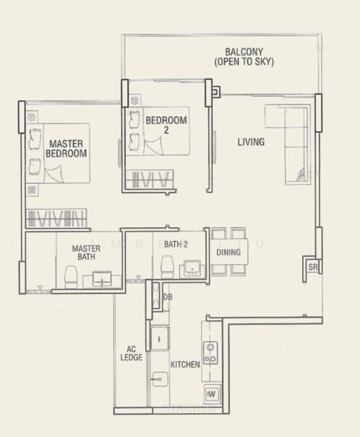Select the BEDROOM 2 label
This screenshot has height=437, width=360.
tap(166, 126)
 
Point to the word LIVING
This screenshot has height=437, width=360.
tap(251, 142)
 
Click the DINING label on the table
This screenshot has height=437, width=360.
tap(229, 253)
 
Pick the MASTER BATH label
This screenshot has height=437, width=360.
tap(85, 253)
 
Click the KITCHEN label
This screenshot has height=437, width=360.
tap(185, 364)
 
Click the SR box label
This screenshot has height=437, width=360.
tap(312, 268)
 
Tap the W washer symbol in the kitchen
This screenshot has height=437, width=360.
tap(211, 394)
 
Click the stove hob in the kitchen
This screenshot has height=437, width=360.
tap(211, 352)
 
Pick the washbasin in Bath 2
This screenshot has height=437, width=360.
tap(192, 269)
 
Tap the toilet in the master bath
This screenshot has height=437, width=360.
tap(71, 275)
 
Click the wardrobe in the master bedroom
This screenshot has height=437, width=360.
tap(56, 218)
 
